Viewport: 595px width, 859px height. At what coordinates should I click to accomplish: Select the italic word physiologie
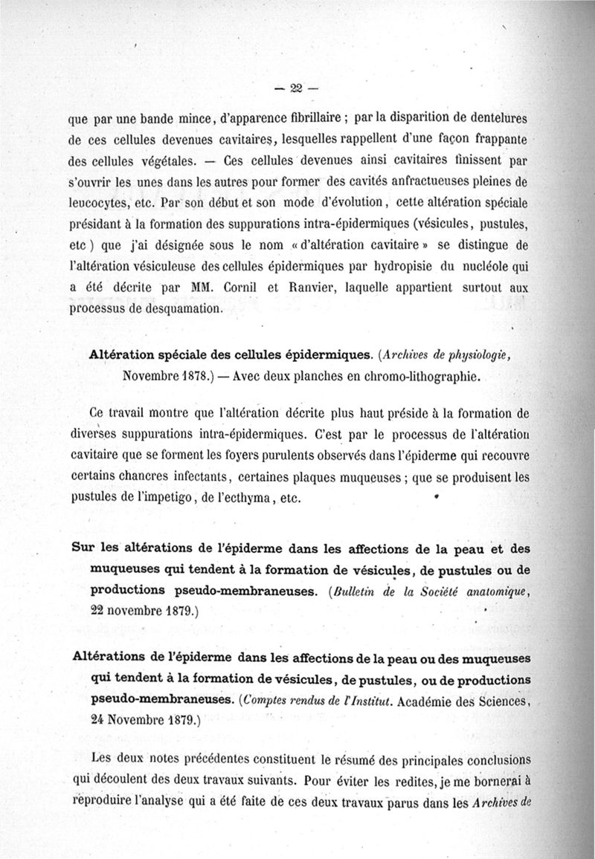click(x=470, y=355)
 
